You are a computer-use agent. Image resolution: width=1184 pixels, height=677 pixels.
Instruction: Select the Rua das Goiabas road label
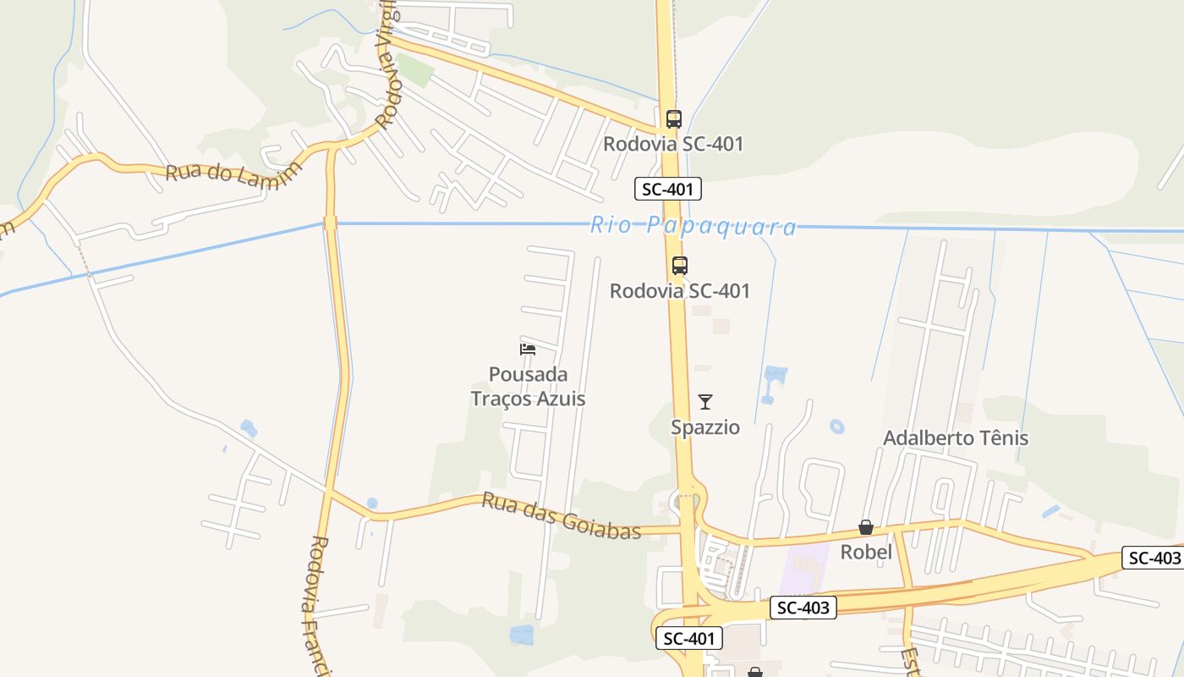coord(561,515)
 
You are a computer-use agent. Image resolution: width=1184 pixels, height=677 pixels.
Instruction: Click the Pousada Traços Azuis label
coord(528,386)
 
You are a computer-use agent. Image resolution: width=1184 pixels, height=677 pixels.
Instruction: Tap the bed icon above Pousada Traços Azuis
coord(528,349)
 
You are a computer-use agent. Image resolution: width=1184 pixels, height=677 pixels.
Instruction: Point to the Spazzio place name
coord(705,427)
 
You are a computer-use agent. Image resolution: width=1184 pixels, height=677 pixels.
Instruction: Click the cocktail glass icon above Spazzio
coord(705,402)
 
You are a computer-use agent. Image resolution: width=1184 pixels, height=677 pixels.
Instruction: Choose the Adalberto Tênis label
coord(956,438)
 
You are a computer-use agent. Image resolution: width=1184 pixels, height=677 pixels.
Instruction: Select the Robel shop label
coord(866,553)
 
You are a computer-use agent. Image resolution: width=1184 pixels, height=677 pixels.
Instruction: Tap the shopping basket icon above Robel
coord(866,528)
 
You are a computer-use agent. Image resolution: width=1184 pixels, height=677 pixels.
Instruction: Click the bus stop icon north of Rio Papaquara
coord(674,119)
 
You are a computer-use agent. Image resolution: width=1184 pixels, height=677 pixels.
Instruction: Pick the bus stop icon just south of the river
coord(680,266)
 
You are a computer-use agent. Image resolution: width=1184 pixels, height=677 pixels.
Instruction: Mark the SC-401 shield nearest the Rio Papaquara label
coord(668,189)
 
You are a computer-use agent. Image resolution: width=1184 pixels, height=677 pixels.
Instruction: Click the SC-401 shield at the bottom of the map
coord(689,638)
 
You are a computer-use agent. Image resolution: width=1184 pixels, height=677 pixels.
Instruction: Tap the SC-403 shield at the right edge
coord(1152,558)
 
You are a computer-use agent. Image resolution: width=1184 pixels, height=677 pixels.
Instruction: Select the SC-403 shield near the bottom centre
coord(803,607)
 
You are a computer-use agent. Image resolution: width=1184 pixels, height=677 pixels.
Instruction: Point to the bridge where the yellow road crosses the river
coord(330,223)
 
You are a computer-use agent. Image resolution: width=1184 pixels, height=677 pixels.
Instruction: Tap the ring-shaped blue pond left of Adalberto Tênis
coord(837,427)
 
